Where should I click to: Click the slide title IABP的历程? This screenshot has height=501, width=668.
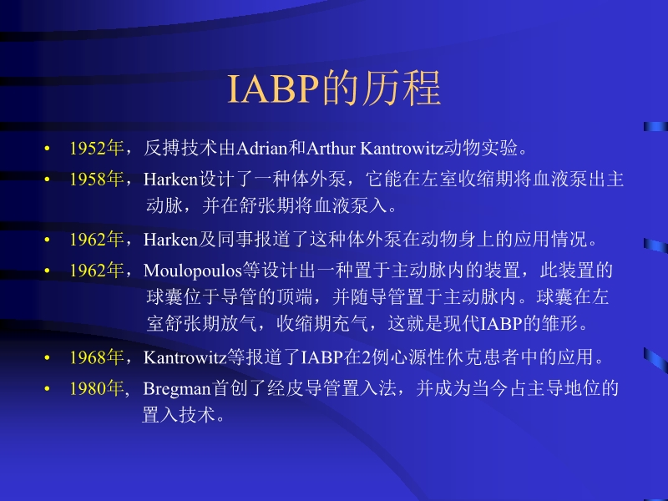pyautogui.click(x=334, y=89)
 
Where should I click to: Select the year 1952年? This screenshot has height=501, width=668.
pyautogui.click(x=96, y=149)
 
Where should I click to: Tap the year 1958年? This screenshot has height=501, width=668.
pyautogui.click(x=96, y=180)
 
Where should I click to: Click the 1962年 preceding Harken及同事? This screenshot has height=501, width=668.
pyautogui.click(x=96, y=240)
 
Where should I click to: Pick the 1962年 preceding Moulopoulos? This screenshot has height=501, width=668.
pyautogui.click(x=96, y=271)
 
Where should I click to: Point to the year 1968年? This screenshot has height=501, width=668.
pyautogui.click(x=96, y=358)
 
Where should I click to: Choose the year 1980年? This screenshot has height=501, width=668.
pyautogui.click(x=96, y=388)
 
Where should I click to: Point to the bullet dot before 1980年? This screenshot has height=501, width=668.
pyautogui.click(x=48, y=389)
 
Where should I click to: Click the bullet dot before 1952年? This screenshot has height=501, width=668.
pyautogui.click(x=48, y=150)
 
